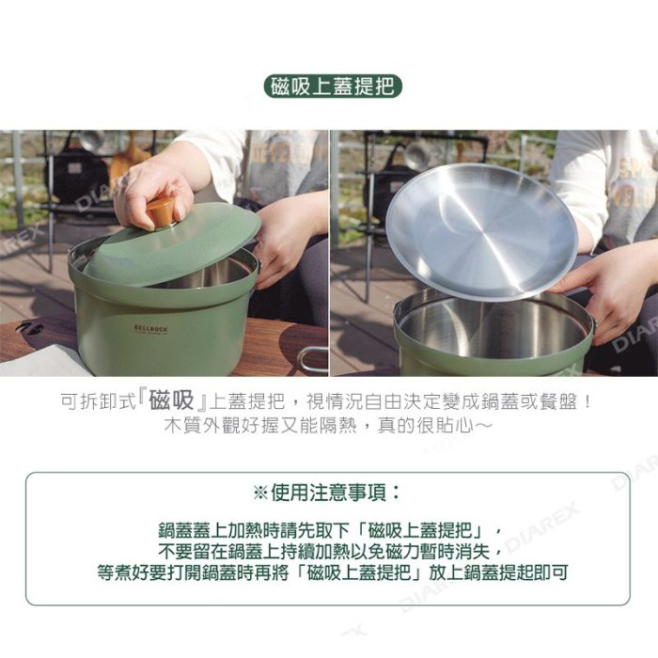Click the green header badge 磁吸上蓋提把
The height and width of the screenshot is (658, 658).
pyautogui.click(x=333, y=87)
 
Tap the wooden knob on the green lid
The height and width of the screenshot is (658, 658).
pyautogui.click(x=161, y=211)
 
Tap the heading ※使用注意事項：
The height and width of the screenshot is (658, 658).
pyautogui.click(x=328, y=493)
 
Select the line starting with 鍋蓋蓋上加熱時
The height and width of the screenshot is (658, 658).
pyautogui.click(x=330, y=529)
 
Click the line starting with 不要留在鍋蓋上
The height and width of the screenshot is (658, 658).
pyautogui.click(x=330, y=550)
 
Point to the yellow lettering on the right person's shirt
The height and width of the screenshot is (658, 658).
pyautogui.click(x=629, y=179)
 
